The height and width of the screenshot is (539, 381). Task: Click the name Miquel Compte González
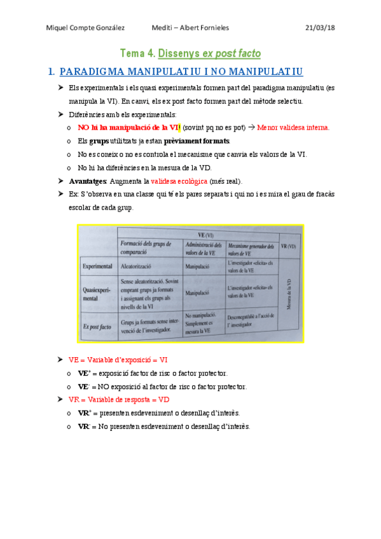(x=86, y=28)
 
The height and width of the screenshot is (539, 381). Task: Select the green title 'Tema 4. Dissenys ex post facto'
(x=191, y=53)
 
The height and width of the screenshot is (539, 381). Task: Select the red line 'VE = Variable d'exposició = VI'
(x=118, y=360)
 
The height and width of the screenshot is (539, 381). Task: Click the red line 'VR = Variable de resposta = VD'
(x=119, y=400)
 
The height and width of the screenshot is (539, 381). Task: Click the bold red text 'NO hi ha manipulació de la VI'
(x=128, y=128)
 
